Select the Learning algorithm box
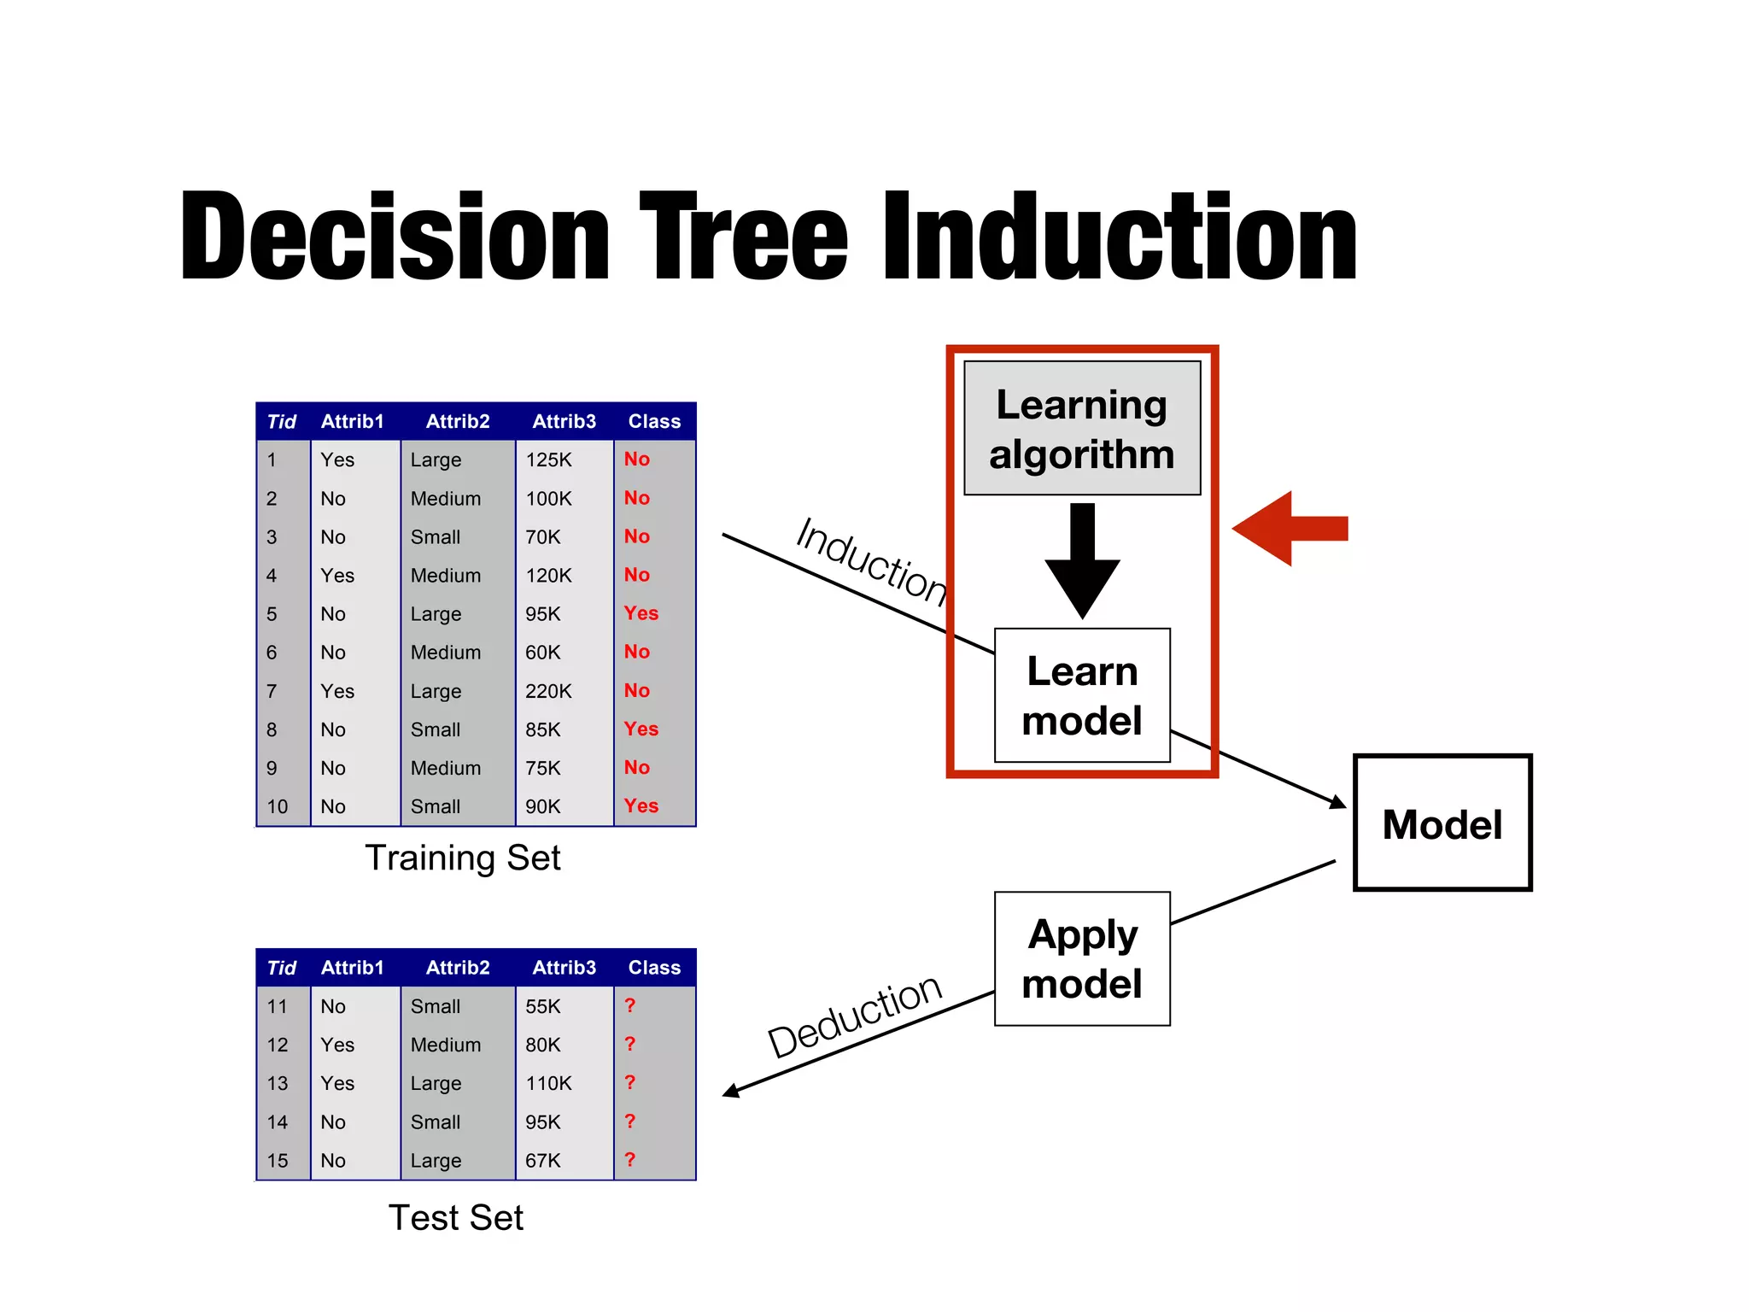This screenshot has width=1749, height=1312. [1081, 428]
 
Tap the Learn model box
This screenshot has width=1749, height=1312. [1081, 695]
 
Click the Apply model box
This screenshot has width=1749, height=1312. [1081, 958]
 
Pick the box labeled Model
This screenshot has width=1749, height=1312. [1442, 823]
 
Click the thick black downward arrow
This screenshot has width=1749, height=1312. [1082, 564]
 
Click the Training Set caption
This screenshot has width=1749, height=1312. [462, 858]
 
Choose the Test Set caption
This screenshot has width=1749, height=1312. [455, 1217]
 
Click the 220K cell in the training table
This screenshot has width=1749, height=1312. [548, 691]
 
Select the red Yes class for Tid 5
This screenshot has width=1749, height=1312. [641, 613]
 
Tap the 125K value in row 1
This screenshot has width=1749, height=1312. [548, 460]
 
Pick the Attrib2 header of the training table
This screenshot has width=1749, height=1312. [458, 421]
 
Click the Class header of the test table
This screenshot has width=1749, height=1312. [654, 968]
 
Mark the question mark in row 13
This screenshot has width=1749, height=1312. [630, 1082]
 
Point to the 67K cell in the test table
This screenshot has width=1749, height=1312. [543, 1161]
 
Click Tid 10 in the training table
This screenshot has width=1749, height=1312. [278, 806]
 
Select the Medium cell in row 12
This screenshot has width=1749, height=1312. [445, 1045]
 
